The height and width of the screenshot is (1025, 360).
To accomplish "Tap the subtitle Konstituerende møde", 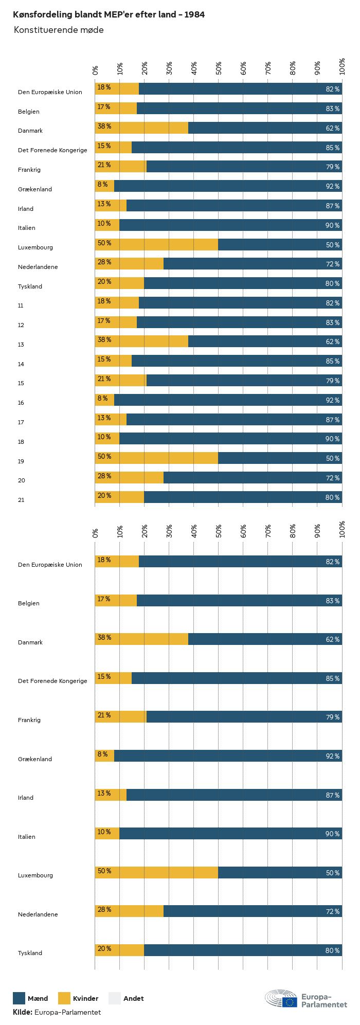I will tap(59, 30).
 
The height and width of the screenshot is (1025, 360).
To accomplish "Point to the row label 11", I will tap(21, 305).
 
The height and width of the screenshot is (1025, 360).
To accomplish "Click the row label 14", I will tap(21, 364).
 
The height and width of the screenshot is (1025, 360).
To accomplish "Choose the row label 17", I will tap(21, 422).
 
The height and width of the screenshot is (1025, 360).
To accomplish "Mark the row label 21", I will tap(21, 500).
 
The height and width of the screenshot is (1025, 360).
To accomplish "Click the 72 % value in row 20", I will tap(332, 478).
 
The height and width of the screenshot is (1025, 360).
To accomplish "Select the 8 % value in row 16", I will tap(102, 399).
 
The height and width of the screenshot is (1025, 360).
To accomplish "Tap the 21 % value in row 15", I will tap(104, 379).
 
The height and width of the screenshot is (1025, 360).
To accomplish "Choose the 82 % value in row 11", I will tap(332, 303).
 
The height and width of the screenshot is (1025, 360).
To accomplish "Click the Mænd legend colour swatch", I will tap(19, 998).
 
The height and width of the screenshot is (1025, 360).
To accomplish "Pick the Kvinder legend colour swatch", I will tap(64, 998).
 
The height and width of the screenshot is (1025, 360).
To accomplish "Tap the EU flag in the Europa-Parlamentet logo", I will tap(290, 1001).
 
